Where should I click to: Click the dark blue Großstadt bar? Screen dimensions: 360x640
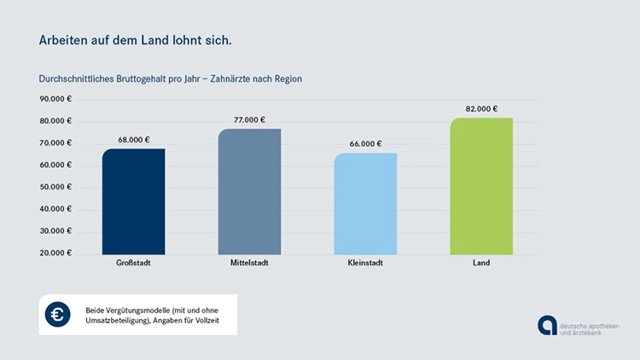click(133, 201)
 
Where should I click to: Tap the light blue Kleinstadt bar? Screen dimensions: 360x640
click(365, 203)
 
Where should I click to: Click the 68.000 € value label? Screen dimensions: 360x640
click(133, 140)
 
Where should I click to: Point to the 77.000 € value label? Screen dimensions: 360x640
click(249, 120)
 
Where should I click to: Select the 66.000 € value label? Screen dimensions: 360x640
click(365, 144)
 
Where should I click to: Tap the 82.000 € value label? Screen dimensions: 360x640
click(481, 109)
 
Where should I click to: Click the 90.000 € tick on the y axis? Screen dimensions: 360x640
click(56, 99)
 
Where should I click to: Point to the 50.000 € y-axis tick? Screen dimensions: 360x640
click(56, 187)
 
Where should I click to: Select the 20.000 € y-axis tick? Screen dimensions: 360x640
click(56, 253)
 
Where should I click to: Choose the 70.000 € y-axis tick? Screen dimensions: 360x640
click(56, 143)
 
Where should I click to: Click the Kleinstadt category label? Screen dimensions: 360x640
click(365, 264)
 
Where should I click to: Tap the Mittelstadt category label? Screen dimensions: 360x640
click(249, 264)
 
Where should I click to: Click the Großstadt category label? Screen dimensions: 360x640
click(133, 264)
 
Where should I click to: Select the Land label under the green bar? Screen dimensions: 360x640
click(481, 264)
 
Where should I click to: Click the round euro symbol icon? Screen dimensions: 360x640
click(58, 315)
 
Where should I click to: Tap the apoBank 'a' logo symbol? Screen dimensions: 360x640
click(546, 326)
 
